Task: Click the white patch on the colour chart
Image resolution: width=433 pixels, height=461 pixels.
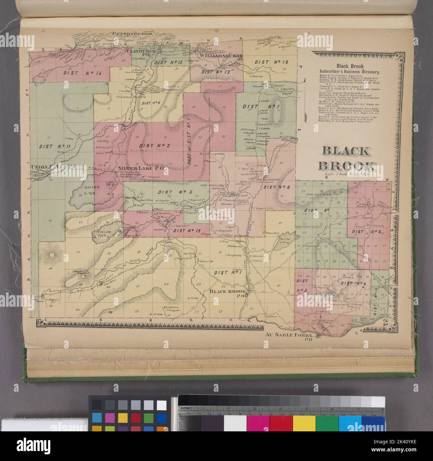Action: [161, 405]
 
